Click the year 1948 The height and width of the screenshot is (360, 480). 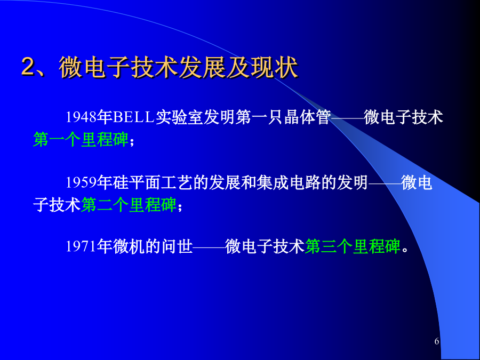pyautogui.click(x=82, y=117)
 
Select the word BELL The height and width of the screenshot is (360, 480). pyautogui.click(x=133, y=117)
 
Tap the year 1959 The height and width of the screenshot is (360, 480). pyautogui.click(x=82, y=182)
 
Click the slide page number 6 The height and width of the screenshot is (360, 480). pyautogui.click(x=437, y=341)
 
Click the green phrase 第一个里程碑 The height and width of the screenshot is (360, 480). pyautogui.click(x=81, y=140)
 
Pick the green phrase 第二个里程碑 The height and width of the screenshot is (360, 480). pyautogui.click(x=129, y=204)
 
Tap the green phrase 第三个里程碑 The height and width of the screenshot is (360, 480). pyautogui.click(x=353, y=246)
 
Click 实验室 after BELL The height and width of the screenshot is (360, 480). pyautogui.click(x=180, y=117)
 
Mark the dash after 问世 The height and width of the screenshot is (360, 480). pyautogui.click(x=209, y=247)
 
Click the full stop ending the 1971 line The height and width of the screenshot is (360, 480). pyautogui.click(x=405, y=250)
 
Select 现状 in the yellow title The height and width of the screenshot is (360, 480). pyautogui.click(x=274, y=67)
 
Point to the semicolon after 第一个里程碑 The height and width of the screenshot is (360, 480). pyautogui.click(x=132, y=142)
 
